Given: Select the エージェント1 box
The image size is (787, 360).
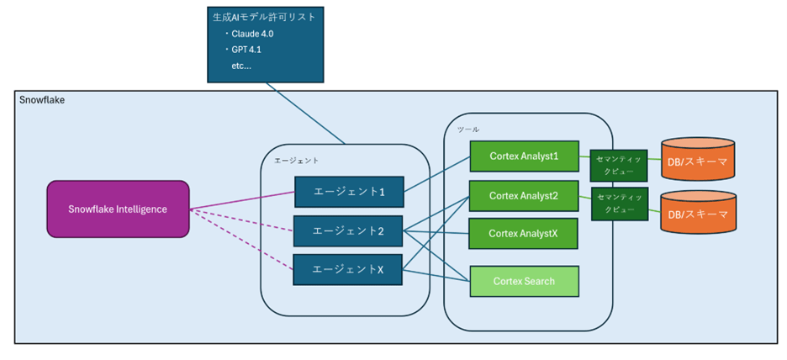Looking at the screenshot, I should tap(349, 192).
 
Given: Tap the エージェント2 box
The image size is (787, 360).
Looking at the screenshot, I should tap(349, 230).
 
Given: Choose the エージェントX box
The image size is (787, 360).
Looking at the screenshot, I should tap(349, 269).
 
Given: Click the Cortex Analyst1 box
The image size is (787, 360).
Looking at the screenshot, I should tap(523, 157).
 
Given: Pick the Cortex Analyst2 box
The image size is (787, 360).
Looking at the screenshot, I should tap(523, 195).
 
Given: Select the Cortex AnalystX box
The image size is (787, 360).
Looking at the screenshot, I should tap(523, 233).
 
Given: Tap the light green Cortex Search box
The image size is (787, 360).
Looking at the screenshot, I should tap(523, 281).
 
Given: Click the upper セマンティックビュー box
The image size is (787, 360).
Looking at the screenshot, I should tap(619, 164).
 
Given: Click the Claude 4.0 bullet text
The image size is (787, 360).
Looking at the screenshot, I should tap(252, 34).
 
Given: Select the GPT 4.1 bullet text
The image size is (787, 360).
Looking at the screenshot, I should tap(247, 50).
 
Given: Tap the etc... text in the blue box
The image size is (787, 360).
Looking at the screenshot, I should tap(241, 65).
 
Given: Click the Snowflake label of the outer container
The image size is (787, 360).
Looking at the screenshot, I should tap(42, 100).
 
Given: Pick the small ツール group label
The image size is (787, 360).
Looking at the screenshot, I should tap(467, 130).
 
